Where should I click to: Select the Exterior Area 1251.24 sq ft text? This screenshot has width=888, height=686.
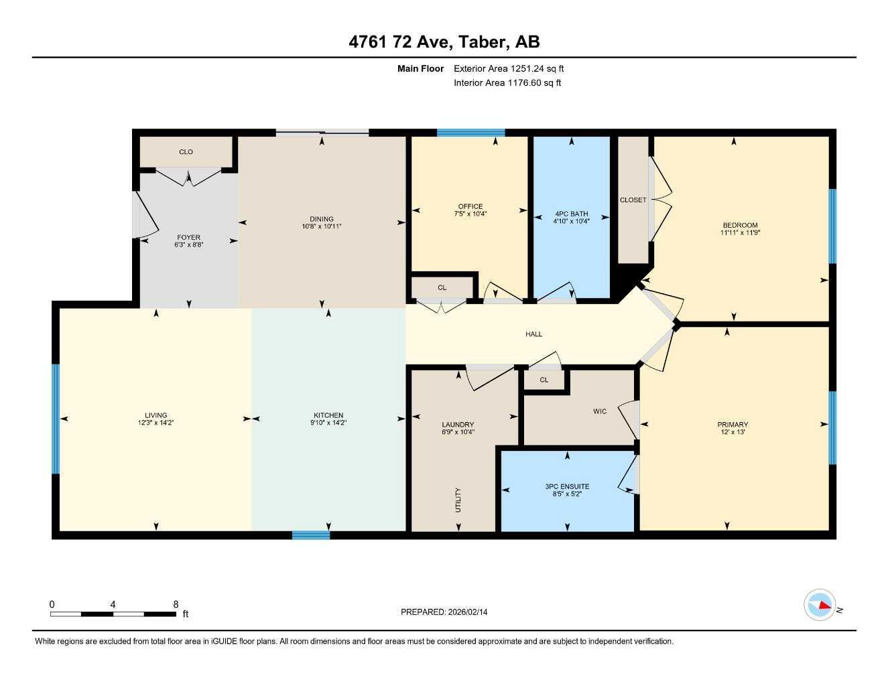click(509, 68)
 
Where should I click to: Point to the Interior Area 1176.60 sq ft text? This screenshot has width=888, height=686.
click(507, 83)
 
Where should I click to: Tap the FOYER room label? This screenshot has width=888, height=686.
click(188, 237)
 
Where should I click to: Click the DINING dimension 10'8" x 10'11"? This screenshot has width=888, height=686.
click(322, 226)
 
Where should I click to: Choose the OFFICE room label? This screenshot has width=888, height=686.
click(470, 206)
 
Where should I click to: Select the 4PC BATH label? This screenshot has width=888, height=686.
click(571, 214)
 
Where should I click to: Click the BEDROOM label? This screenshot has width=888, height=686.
click(740, 225)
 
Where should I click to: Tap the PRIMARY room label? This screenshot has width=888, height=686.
click(733, 424)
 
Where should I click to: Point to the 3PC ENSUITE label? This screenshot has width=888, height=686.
click(567, 486)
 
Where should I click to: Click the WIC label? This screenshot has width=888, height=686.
click(600, 411)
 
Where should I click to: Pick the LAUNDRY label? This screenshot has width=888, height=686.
click(458, 425)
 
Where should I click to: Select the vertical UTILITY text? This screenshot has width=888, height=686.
click(458, 500)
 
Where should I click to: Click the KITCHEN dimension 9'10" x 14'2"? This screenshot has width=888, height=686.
click(328, 423)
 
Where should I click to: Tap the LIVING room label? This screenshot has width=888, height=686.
click(155, 415)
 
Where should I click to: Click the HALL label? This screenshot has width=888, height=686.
click(533, 334)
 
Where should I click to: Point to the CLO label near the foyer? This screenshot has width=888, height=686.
click(186, 152)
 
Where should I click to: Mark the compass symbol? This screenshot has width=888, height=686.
click(820, 605)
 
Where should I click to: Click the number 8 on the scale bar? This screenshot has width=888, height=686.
click(176, 604)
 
